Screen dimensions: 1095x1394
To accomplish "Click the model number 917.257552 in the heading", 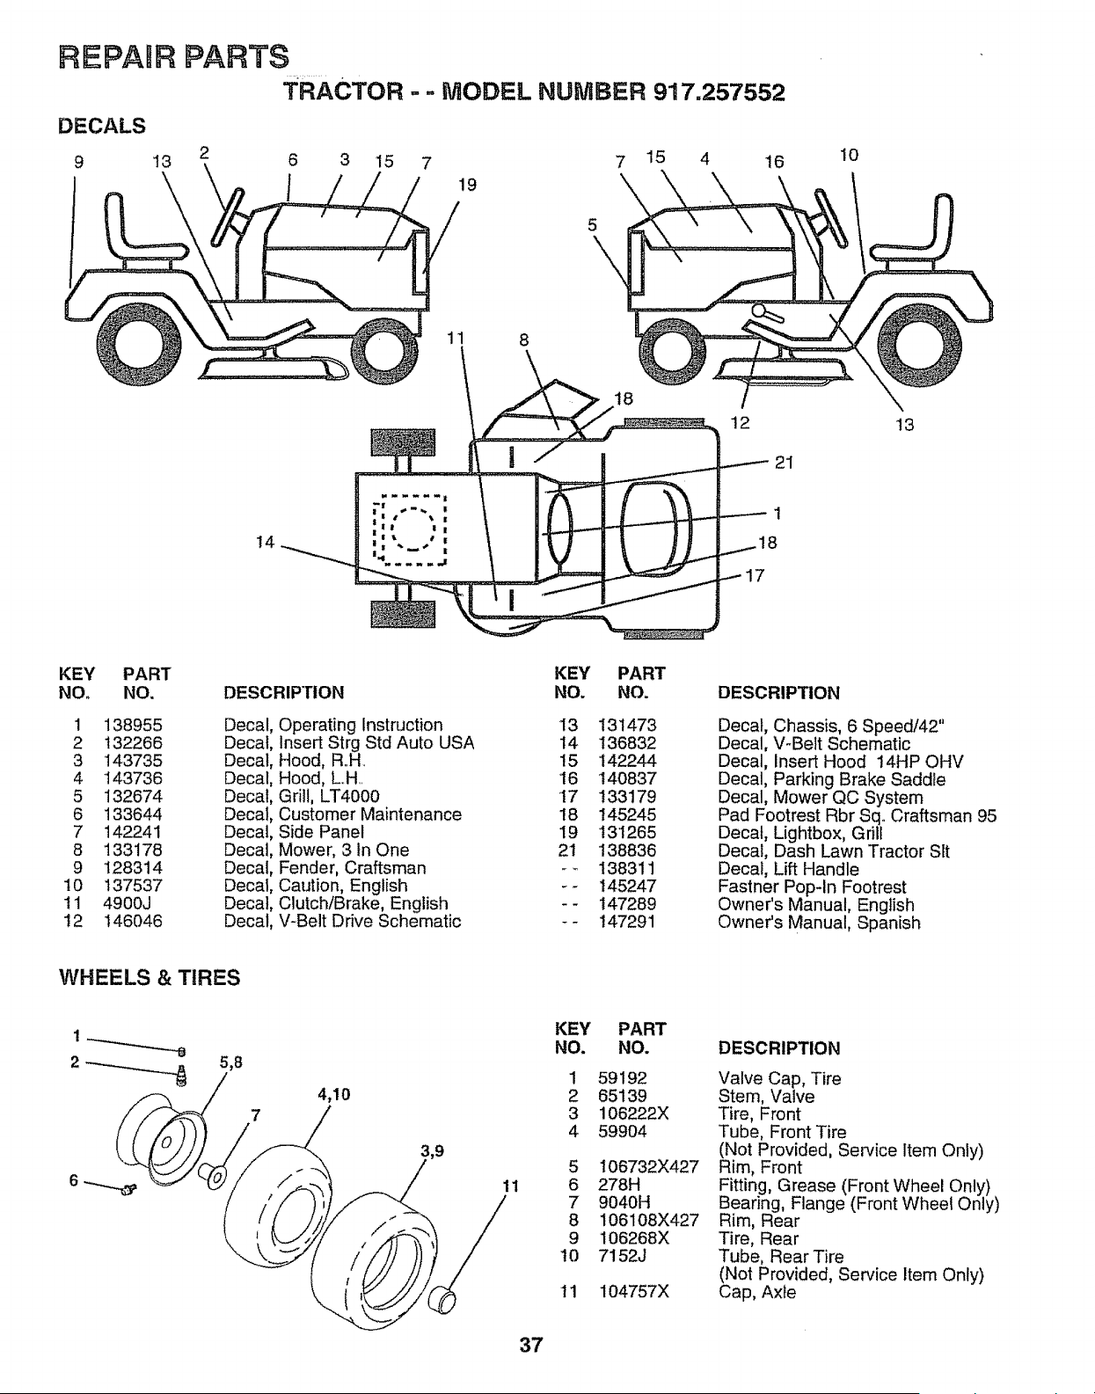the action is coord(719,92).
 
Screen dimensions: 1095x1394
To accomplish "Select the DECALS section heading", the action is coord(102,126).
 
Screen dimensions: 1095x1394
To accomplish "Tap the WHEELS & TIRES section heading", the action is coord(150,978).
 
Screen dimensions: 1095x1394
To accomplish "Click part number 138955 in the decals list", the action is coord(133,725).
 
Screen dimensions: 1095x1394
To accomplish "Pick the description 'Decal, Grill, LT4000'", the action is coord(302,796).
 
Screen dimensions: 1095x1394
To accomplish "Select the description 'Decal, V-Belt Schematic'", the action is coord(814,743).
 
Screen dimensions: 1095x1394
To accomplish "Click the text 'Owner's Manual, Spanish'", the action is coord(819,923).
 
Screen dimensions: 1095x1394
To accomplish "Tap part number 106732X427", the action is coord(648,1167).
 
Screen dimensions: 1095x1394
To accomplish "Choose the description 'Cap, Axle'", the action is coord(757,1292).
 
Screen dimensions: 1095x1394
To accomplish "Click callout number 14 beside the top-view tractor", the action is coord(265,543).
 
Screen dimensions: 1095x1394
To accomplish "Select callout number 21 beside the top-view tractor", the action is coord(785,463).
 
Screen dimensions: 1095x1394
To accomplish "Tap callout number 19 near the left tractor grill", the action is coord(467,186).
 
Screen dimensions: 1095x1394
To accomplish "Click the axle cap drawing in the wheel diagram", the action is coord(442,1298).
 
